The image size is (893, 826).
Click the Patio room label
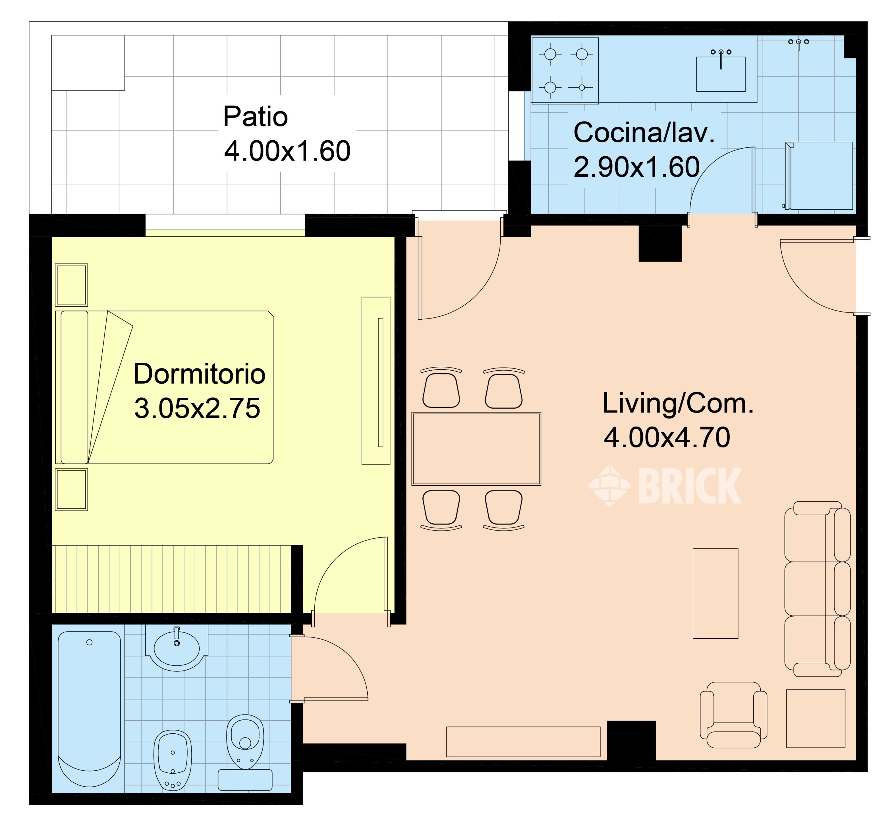pyautogui.click(x=255, y=117)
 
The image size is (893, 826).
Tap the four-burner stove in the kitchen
pyautogui.click(x=565, y=71)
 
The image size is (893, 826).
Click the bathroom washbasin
pyautogui.click(x=177, y=648)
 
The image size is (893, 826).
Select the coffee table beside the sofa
pyautogui.click(x=715, y=593)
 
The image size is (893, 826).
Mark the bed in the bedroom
pyautogui.click(x=164, y=387)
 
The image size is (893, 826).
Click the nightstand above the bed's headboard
pyautogui.click(x=71, y=285)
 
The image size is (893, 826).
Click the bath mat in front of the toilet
pyautogui.click(x=245, y=780)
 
